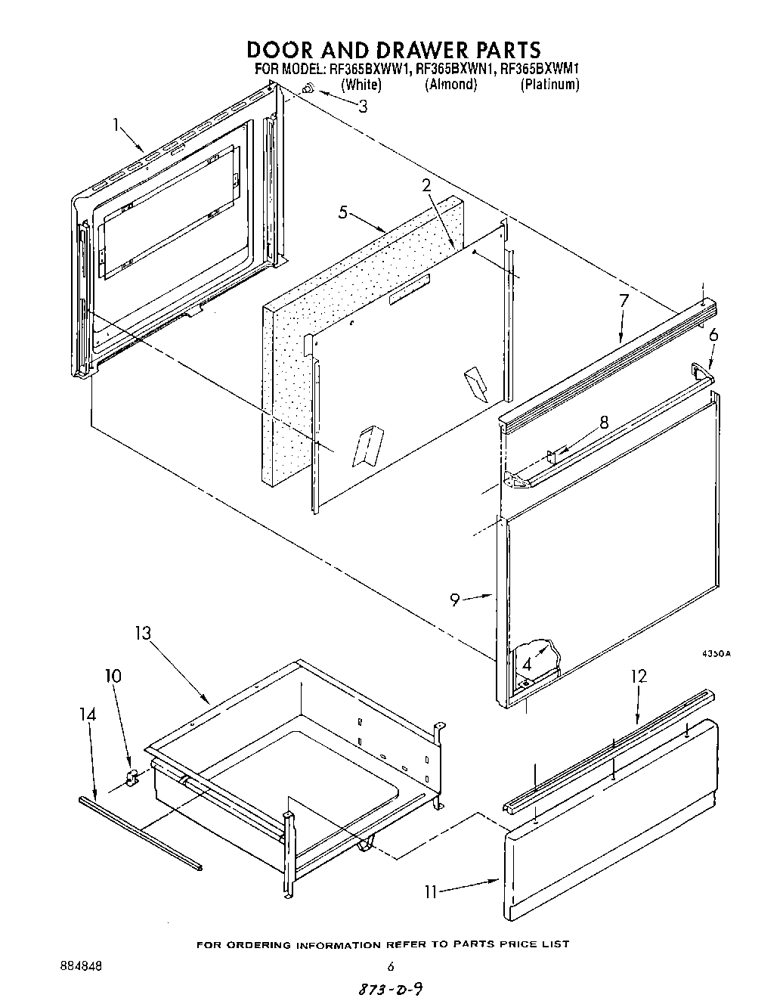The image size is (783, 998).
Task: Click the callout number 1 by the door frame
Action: click(x=116, y=125)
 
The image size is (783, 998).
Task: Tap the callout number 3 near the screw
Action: click(x=363, y=107)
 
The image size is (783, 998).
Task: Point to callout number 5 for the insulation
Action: click(x=343, y=212)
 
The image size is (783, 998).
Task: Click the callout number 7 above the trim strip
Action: click(x=624, y=301)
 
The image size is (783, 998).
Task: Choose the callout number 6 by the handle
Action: click(x=713, y=336)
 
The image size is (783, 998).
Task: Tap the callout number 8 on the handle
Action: click(x=603, y=423)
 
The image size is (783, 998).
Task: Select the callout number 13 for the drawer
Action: click(x=143, y=633)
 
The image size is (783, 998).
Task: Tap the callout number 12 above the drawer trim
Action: click(x=638, y=676)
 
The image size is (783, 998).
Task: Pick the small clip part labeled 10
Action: click(x=130, y=778)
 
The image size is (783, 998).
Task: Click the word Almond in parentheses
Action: click(x=451, y=85)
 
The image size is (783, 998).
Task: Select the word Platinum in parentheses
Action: click(x=549, y=85)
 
